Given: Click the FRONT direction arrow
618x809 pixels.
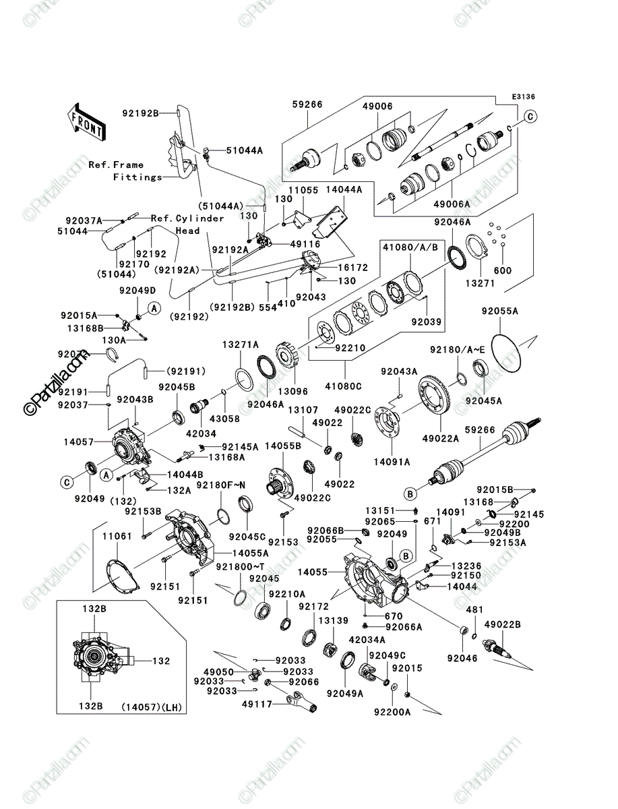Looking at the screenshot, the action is click(87, 121).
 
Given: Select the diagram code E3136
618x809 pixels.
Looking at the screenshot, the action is click(523, 97).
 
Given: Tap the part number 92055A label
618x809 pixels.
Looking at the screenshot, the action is click(500, 311).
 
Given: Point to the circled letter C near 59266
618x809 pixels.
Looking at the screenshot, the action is click(530, 117).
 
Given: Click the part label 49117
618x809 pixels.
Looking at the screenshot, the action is click(257, 705).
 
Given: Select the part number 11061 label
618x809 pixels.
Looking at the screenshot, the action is click(117, 536).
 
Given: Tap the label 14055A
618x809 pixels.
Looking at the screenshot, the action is click(250, 553).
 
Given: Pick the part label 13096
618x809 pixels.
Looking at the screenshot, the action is click(292, 391).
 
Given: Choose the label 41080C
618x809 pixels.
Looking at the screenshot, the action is click(343, 386).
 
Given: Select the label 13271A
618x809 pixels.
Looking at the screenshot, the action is click(241, 344).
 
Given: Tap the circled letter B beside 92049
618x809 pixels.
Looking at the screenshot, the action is click(406, 556).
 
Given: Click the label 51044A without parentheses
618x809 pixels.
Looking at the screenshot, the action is click(245, 150).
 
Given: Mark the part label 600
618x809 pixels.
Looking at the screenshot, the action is click(503, 270).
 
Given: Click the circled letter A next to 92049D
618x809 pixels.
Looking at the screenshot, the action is click(154, 308).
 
